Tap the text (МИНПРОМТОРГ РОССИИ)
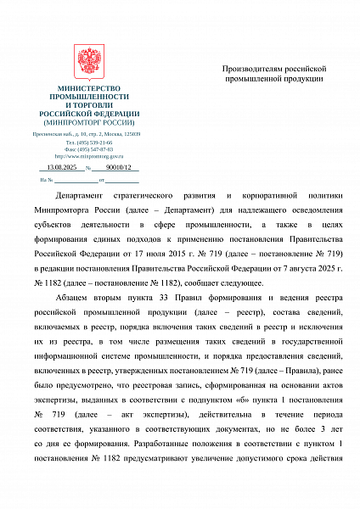pos(89,121)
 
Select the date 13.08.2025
pos(62,168)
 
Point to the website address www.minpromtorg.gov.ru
pos(89,156)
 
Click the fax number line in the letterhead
pos(89,149)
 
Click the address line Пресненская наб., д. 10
pos(89,135)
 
